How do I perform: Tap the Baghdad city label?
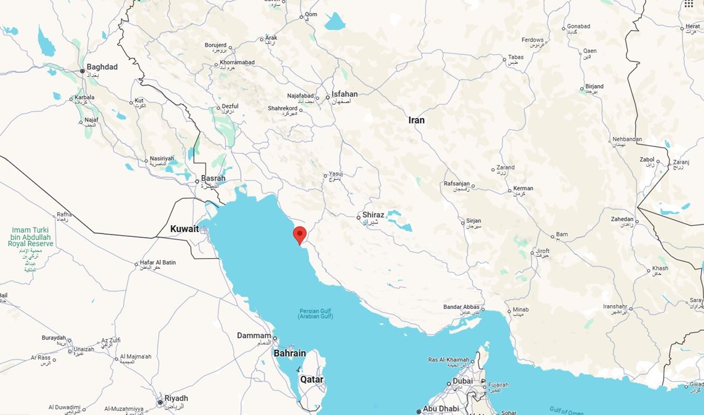pyautogui.click(x=102, y=67)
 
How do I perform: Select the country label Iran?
pyautogui.click(x=416, y=120)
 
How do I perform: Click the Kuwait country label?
pyautogui.click(x=184, y=229)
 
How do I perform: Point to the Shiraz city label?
pyautogui.click(x=374, y=215)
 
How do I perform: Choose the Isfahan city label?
pyautogui.click(x=345, y=94)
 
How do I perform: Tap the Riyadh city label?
pyautogui.click(x=176, y=398)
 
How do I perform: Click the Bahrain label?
pyautogui.click(x=290, y=354)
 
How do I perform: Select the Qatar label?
pyautogui.click(x=312, y=379)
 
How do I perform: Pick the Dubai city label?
pyautogui.click(x=462, y=381)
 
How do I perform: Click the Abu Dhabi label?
pyautogui.click(x=441, y=409)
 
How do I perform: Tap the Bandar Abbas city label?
pyautogui.click(x=462, y=307)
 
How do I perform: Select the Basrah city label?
pyautogui.click(x=213, y=179)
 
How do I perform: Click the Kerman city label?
pyautogui.click(x=523, y=189)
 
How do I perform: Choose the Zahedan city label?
pyautogui.click(x=623, y=219)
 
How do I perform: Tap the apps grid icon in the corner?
pyautogui.click(x=689, y=4)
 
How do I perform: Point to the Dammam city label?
pyautogui.click(x=254, y=336)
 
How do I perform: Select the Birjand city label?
pyautogui.click(x=594, y=87)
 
